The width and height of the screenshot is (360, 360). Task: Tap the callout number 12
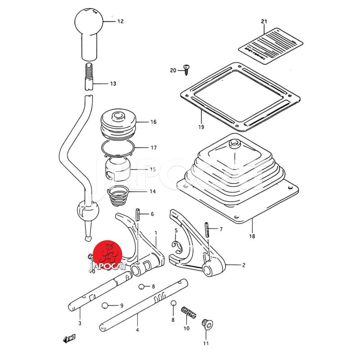[x=120, y=21]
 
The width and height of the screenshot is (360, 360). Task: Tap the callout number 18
[x=251, y=236]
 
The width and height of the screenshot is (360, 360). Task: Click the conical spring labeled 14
[x=119, y=194]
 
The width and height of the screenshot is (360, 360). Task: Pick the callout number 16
[x=153, y=122]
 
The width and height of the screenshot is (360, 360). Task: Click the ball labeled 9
[x=105, y=306]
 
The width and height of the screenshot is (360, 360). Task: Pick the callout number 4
[x=137, y=330]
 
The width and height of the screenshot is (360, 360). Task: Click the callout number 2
[x=243, y=265]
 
